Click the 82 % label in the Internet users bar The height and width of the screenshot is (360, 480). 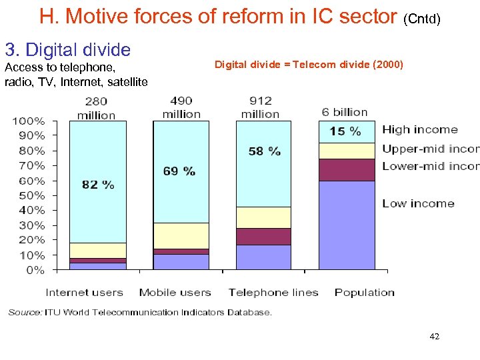coord(98,185)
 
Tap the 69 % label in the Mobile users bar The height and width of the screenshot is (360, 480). coord(179,171)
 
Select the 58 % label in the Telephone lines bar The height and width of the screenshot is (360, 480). coord(265,151)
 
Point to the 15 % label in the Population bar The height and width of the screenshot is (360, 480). coord(345,131)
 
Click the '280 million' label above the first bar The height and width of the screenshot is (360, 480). coord(97,108)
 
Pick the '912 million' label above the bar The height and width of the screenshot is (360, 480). coord(260,107)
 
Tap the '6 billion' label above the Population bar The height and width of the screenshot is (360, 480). coord(345,112)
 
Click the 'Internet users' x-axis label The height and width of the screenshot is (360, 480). coord(84,292)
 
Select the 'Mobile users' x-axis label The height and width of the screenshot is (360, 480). coord(175,292)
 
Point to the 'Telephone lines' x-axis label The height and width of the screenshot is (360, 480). coord(273,292)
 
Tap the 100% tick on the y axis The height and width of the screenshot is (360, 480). coord(29,121)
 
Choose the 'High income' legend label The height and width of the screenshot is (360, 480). coord(420,129)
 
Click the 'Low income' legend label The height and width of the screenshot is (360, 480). coord(418,203)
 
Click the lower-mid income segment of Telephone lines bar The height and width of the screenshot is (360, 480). coord(264,236)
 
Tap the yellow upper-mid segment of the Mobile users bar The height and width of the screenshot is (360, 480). coord(181,235)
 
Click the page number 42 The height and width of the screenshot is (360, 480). coord(435,337)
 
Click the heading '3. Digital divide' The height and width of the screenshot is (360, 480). coord(68,49)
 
